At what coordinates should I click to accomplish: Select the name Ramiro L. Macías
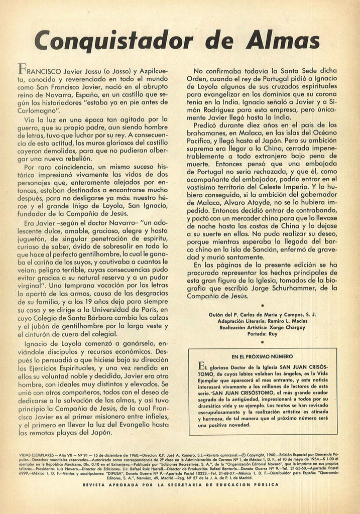click(286, 320)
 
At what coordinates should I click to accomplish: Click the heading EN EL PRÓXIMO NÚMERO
click(263, 356)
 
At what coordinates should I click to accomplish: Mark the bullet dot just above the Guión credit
click(263, 305)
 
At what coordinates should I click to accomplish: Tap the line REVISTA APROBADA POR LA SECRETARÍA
click(180, 485)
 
